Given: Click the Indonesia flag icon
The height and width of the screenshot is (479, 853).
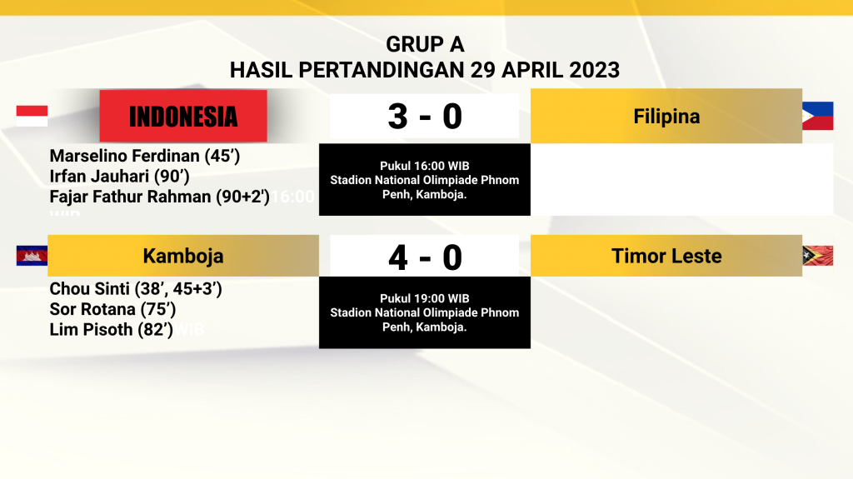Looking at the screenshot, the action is click(x=32, y=116).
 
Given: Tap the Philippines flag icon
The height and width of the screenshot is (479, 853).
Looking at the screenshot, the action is click(x=818, y=116).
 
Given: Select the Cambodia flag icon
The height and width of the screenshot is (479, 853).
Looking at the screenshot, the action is click(x=32, y=256).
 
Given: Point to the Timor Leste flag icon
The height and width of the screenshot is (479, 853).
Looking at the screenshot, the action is click(x=818, y=256).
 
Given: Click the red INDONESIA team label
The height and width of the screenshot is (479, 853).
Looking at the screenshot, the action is click(x=183, y=116).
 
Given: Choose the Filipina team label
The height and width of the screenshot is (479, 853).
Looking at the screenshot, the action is click(x=666, y=116).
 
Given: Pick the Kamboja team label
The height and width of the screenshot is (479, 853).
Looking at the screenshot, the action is click(x=183, y=256).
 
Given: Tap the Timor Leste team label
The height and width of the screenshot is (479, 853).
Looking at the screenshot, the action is click(x=666, y=256).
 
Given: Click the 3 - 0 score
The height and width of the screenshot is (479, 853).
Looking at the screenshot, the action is click(x=425, y=117).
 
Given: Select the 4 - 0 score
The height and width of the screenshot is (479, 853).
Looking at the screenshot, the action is click(x=425, y=257).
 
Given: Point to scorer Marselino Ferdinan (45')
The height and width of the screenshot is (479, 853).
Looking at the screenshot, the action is click(x=145, y=157).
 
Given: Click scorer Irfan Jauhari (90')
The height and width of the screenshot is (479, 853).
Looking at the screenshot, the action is click(x=120, y=177).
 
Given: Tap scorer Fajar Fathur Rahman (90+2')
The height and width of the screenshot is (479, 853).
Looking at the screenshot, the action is click(x=159, y=197).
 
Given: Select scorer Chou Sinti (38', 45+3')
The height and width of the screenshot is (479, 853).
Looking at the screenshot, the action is click(x=136, y=289).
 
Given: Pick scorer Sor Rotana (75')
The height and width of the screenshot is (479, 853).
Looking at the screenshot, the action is click(x=112, y=309).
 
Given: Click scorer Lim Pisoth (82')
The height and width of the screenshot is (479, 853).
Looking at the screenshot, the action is click(x=112, y=330).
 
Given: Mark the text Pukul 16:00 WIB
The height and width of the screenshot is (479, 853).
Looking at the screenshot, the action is click(x=425, y=166).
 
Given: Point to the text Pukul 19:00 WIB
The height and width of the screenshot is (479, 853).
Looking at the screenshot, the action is click(x=425, y=299).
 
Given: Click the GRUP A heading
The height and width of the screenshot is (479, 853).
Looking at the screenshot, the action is click(x=425, y=45).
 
